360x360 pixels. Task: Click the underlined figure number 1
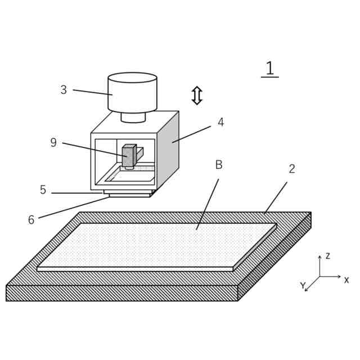[269, 68]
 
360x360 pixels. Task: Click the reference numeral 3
[64, 90]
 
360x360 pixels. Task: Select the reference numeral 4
[220, 123]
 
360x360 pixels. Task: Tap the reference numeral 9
[53, 143]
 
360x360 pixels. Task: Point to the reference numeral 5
[43, 190]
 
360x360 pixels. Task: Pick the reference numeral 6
[31, 220]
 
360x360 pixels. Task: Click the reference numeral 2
[292, 169]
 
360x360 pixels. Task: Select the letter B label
[219, 165]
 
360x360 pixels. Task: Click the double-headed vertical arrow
[197, 95]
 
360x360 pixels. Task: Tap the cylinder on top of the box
[132, 93]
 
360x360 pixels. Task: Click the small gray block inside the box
[129, 156]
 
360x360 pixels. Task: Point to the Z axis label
[327, 256]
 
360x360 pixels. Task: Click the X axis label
[346, 280]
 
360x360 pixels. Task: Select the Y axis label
[303, 286]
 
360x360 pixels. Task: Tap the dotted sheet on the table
[157, 245]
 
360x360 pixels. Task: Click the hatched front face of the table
[121, 293]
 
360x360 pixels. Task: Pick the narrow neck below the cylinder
[133, 117]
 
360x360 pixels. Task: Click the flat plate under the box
[129, 193]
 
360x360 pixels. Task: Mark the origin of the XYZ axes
[319, 276]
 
